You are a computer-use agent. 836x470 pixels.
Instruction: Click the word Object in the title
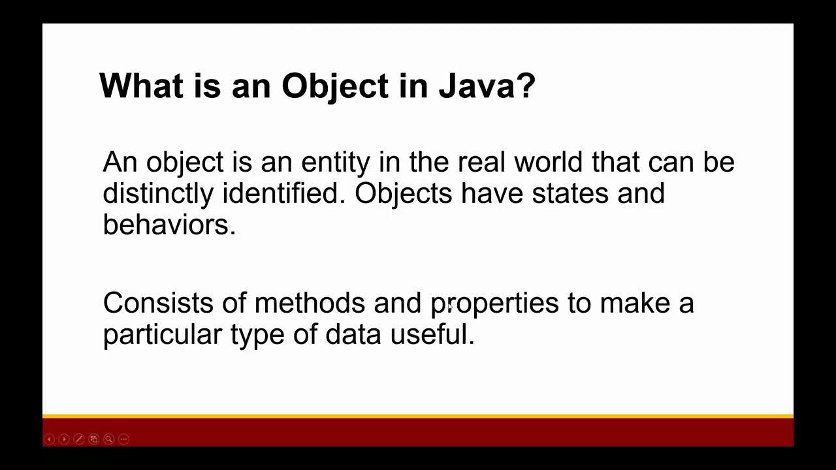pos(334,86)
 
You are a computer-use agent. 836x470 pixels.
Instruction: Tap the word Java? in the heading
pos(487,86)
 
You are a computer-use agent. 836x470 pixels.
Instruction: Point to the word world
pos(549,162)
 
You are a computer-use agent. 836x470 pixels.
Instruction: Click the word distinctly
pos(158,193)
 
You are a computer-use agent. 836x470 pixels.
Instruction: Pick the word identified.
pos(283,193)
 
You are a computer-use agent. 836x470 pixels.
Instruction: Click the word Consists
pos(158,304)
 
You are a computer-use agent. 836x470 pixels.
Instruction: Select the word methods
pos(310,304)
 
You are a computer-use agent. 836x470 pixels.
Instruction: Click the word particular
pos(163,335)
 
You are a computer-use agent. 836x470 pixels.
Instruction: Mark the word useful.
pos(432,335)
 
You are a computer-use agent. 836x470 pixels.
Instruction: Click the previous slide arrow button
pos(49,439)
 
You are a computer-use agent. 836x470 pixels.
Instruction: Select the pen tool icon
pos(79,439)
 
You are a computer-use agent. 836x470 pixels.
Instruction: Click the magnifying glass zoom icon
pos(108,439)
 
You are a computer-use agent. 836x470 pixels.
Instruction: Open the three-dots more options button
pos(123,439)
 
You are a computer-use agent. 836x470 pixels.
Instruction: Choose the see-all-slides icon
pos(93,439)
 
